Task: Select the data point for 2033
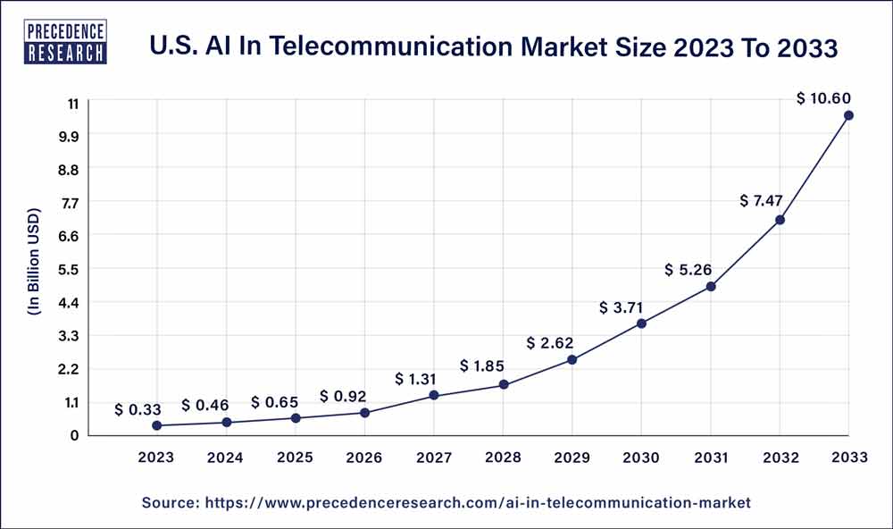[x=848, y=115]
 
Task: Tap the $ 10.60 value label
[x=823, y=98]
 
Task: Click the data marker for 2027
[x=434, y=395]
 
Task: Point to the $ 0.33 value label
[x=138, y=410]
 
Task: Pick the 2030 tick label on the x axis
[x=641, y=458]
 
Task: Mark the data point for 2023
[x=157, y=425]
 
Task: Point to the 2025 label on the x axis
[x=296, y=458]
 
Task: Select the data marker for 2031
[x=711, y=287]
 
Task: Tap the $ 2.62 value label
[x=550, y=342]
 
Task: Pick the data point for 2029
[x=572, y=360]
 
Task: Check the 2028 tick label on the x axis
[x=503, y=458]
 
